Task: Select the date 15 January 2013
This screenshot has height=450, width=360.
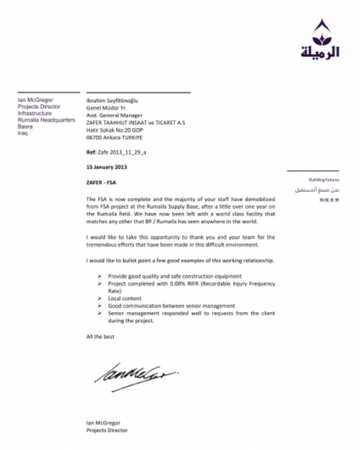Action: point(107,167)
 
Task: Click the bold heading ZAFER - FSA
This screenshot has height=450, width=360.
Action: point(102,183)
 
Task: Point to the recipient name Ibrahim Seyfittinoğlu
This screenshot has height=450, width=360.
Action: point(112,101)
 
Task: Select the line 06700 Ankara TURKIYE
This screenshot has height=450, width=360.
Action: point(114,137)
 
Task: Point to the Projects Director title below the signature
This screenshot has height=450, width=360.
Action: point(107,430)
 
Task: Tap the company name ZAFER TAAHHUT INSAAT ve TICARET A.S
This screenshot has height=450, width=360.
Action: point(135,123)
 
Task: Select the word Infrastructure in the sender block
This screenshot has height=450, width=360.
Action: point(34,113)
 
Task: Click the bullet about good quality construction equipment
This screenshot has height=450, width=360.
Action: point(174,276)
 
